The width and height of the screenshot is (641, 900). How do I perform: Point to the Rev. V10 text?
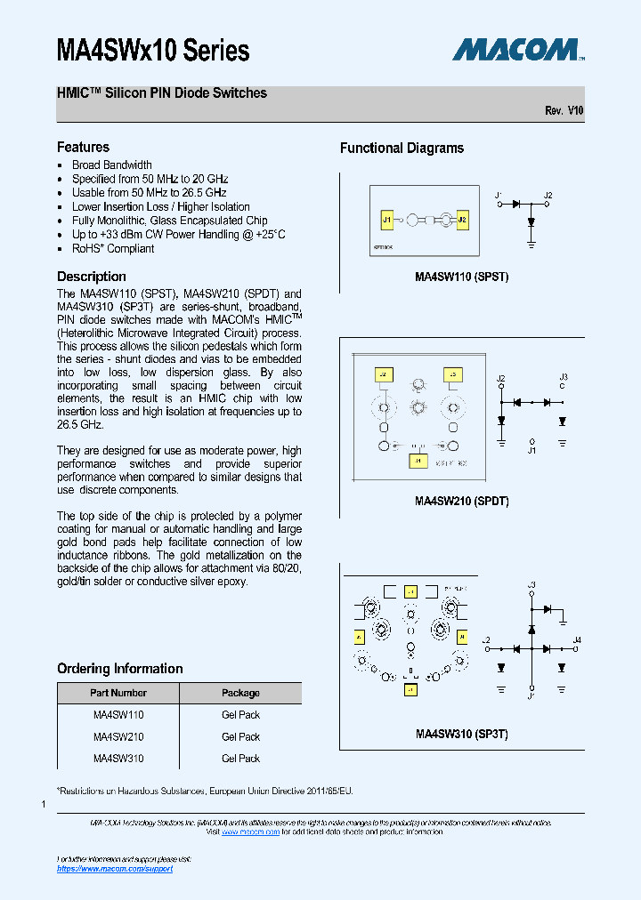coord(564,110)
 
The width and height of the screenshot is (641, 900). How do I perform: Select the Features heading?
coord(83,148)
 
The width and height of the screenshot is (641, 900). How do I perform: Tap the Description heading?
coord(91,277)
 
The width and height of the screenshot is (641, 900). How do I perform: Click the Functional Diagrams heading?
coord(402,149)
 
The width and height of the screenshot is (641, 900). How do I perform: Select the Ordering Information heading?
coord(119,669)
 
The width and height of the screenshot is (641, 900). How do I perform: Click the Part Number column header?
coord(118,693)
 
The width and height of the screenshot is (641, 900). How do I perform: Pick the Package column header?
coord(240,693)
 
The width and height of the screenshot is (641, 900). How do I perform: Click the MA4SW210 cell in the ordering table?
coord(118,737)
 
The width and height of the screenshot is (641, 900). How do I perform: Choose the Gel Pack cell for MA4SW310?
coord(240,759)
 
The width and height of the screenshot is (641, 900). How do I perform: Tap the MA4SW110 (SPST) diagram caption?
coord(461,277)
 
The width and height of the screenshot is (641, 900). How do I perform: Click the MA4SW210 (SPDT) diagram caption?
coord(461,501)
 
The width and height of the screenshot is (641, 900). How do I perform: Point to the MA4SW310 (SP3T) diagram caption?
coord(461,735)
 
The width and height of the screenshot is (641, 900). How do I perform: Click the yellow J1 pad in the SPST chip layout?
coord(387,219)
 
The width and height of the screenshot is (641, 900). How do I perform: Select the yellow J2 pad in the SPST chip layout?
coord(462,219)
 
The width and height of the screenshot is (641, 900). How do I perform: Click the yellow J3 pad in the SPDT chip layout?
coord(452,375)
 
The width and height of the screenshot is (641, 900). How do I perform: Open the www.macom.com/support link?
coord(115,868)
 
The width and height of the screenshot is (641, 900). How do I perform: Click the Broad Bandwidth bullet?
coord(111,165)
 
